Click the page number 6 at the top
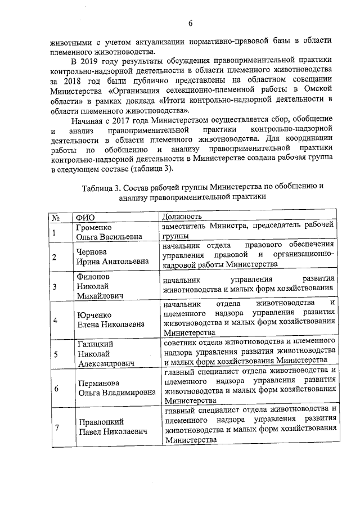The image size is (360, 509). click(x=190, y=24)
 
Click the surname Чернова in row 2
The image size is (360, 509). click(x=92, y=253)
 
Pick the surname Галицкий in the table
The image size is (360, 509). click(x=95, y=344)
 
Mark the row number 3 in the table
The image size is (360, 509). click(x=55, y=286)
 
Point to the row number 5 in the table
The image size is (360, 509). click(x=55, y=354)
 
